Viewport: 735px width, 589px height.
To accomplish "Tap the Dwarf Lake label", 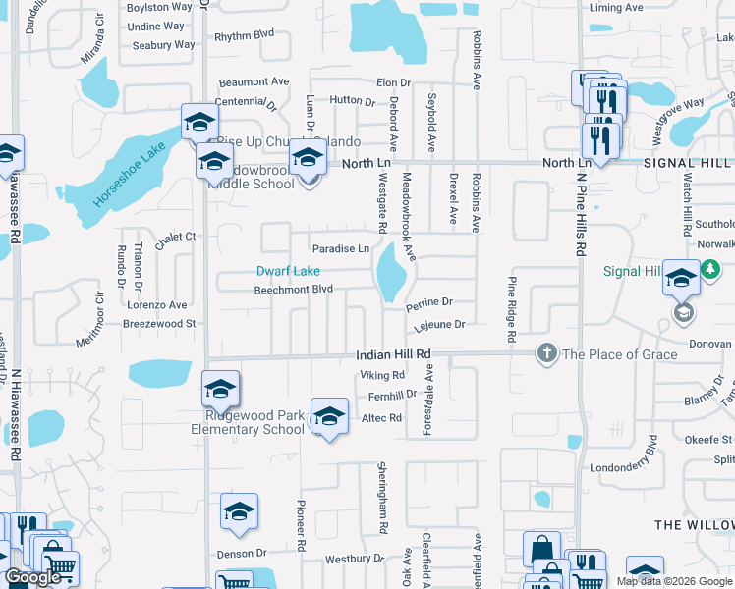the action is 288,271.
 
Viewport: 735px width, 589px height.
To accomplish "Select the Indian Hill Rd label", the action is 393,353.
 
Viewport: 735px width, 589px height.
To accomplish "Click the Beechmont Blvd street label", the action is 294,290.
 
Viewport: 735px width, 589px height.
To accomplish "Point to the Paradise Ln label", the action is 341,249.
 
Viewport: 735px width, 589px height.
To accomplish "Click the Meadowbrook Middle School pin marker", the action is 308,158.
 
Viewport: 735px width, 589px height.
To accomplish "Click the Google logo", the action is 32,577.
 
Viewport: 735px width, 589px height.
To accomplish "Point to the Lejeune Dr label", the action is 438,324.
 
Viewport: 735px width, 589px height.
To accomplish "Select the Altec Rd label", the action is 382,418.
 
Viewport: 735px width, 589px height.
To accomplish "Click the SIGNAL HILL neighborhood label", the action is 688,163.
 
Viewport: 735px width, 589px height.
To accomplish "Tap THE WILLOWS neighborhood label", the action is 694,525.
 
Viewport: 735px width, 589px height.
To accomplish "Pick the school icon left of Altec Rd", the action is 329,416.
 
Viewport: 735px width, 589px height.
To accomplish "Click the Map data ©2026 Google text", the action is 674,581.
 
